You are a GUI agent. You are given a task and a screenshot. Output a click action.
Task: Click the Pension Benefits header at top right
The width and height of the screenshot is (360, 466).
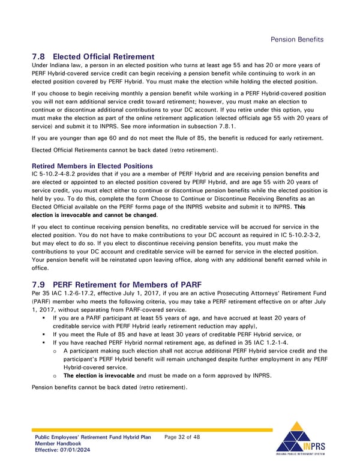[297, 39]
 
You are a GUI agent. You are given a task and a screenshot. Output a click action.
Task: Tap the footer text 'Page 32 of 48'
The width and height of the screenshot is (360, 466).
[182, 437]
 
